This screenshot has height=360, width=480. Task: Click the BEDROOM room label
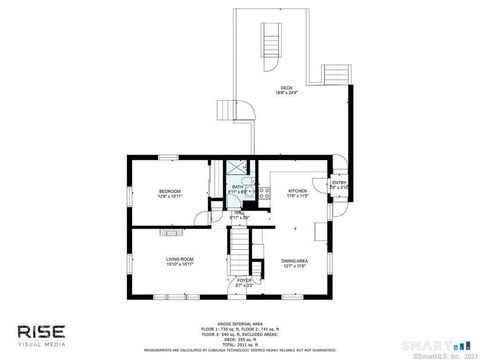pos(170,190)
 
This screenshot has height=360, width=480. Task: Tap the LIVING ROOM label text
pos(179,259)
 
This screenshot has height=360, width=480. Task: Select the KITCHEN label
pos(298,190)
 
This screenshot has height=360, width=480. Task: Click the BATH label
pos(237,186)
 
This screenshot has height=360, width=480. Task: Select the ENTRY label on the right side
pos(340,183)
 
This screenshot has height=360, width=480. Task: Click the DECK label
pos(286,87)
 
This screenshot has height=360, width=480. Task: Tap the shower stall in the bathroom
pos(237,169)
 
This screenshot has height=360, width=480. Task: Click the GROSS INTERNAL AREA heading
pos(239,322)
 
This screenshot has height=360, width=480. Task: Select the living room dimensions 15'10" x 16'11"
pos(179,265)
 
